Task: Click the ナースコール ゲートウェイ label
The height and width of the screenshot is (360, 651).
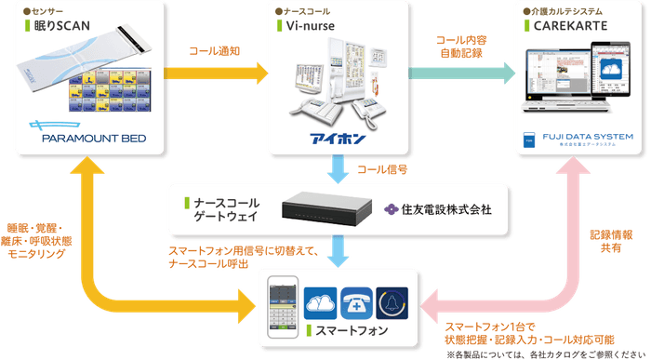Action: tap(227, 208)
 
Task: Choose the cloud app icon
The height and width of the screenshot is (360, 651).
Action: tap(320, 302)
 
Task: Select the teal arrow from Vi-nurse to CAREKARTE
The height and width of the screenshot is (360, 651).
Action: tap(461, 70)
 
